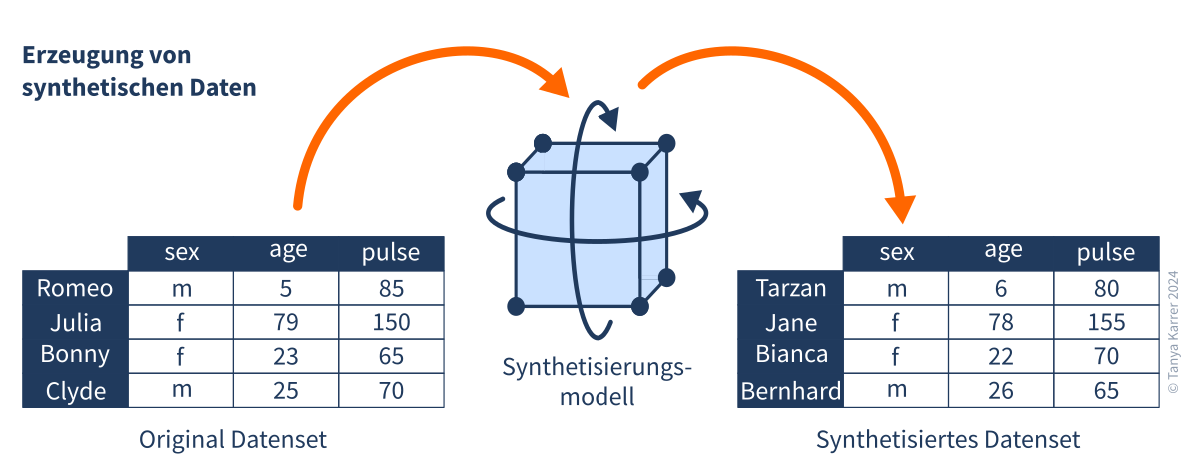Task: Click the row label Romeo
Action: [75, 289]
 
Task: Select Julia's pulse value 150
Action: [391, 323]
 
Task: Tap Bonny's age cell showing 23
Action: [286, 356]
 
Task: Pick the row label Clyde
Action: [75, 390]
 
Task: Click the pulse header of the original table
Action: [391, 253]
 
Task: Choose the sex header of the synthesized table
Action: [896, 252]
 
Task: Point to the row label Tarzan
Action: [791, 289]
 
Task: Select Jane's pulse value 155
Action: [1106, 323]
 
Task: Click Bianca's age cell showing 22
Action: [1001, 356]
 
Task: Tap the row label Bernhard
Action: [791, 390]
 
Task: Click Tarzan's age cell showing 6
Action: [1001, 289]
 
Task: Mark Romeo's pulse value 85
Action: [391, 289]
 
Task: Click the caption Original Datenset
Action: [233, 439]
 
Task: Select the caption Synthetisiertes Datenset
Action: [948, 439]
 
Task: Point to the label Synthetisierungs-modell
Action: [597, 382]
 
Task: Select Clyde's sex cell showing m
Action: [181, 390]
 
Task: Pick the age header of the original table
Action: [286, 252]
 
